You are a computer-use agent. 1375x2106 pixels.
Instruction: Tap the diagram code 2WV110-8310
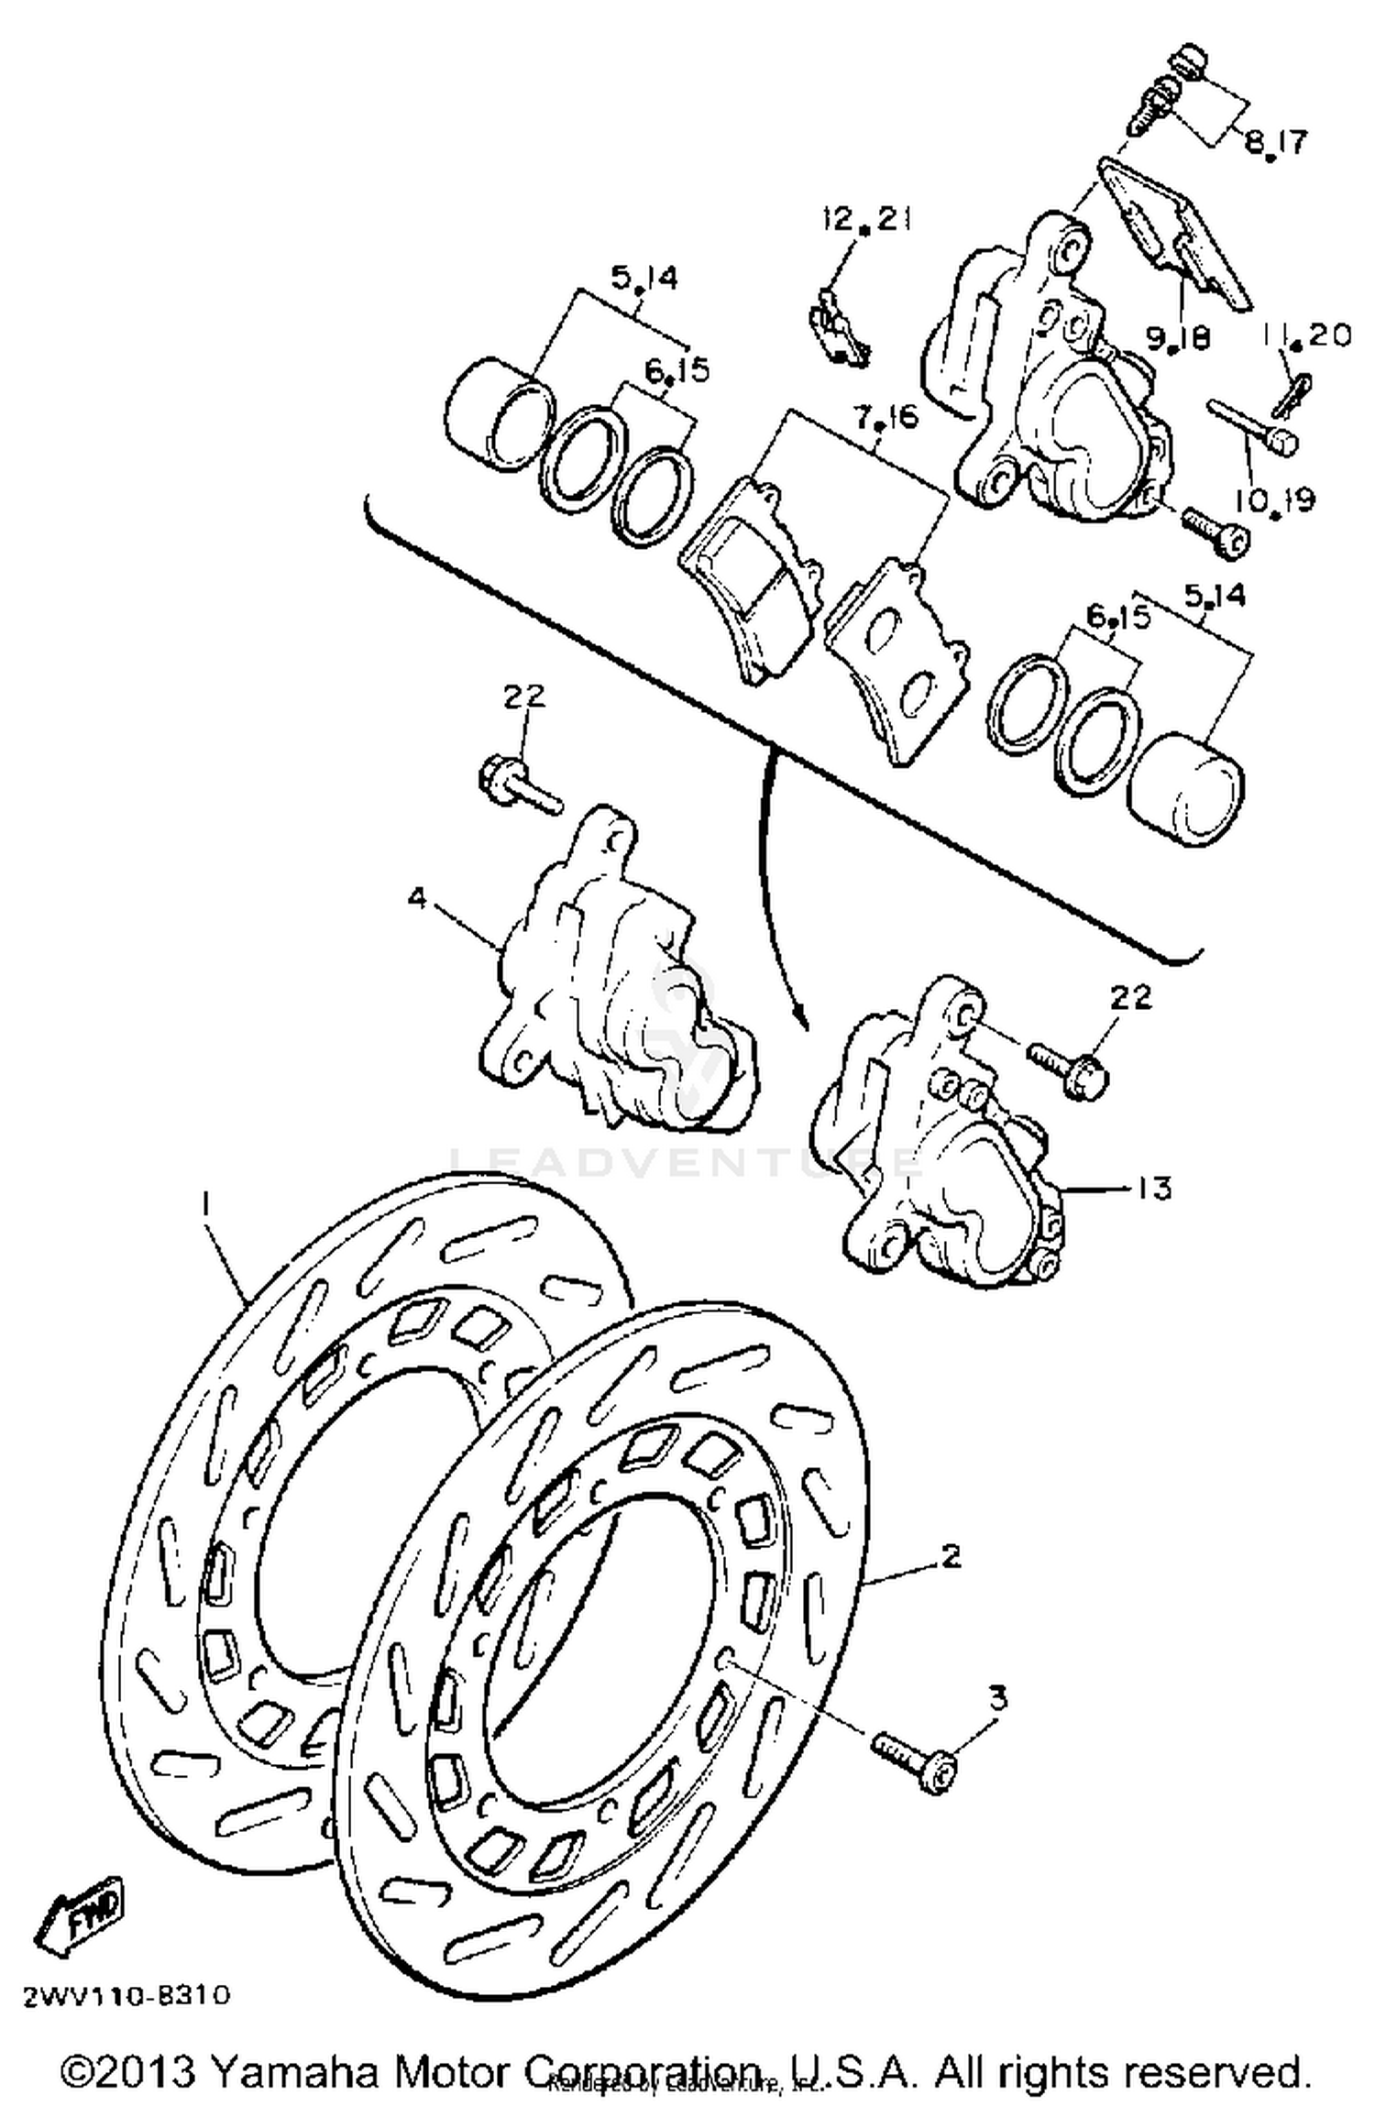pyautogui.click(x=127, y=1995)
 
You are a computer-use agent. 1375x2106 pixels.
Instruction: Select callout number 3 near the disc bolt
pyautogui.click(x=997, y=1697)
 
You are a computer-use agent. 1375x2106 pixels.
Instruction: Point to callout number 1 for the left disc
pyautogui.click(x=206, y=1203)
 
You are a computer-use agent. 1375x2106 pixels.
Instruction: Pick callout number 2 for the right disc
pyautogui.click(x=951, y=1555)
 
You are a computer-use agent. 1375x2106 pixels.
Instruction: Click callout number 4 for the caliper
pyautogui.click(x=417, y=898)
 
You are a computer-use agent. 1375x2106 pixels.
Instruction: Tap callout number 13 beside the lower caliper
pyautogui.click(x=1155, y=1188)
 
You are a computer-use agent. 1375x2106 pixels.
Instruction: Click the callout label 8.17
pyautogui.click(x=1275, y=142)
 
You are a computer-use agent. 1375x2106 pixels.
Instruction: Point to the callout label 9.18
pyautogui.click(x=1178, y=337)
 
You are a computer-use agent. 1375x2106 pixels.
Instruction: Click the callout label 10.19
pyautogui.click(x=1274, y=499)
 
